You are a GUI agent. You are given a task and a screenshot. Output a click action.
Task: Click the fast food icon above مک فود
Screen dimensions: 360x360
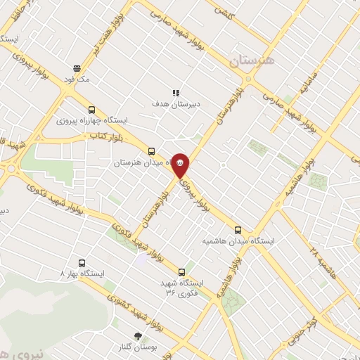pyautogui.click(x=77, y=68)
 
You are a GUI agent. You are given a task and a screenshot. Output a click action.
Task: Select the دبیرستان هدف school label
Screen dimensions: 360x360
pyautogui.click(x=176, y=103)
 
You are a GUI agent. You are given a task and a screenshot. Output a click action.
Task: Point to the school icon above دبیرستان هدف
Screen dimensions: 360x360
pyautogui.click(x=176, y=92)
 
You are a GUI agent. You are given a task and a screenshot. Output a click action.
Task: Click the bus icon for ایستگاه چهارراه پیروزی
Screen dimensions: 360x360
pyautogui.click(x=92, y=110)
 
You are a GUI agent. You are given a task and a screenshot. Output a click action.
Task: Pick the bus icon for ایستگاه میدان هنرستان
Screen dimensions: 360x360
pyautogui.click(x=151, y=151)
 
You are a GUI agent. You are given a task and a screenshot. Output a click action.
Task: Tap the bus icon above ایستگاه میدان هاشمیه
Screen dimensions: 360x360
pyautogui.click(x=238, y=229)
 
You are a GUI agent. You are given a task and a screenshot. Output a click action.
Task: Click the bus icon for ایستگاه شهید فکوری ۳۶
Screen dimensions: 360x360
pyautogui.click(x=183, y=271)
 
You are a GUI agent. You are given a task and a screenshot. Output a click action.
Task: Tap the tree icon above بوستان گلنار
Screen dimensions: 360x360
pyautogui.click(x=138, y=336)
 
